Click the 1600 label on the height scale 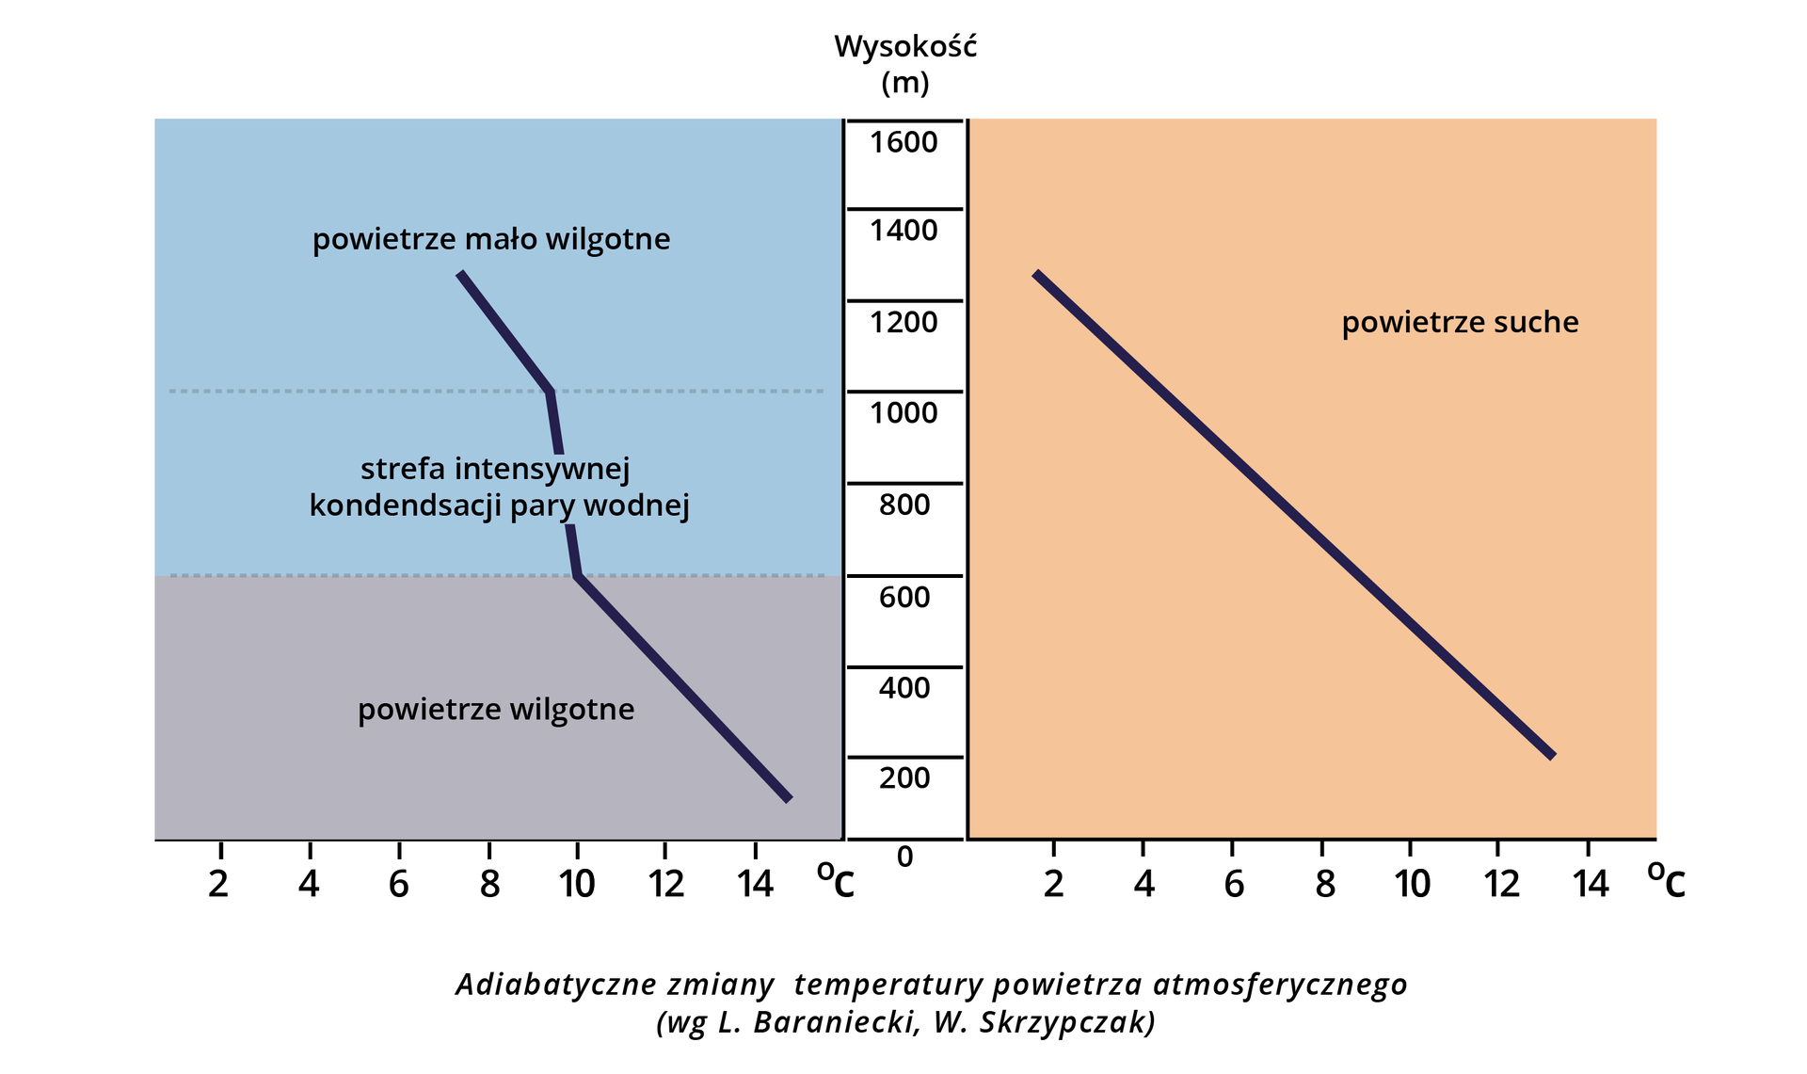903,143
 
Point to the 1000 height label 903,413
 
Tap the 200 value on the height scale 904,778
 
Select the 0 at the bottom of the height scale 904,858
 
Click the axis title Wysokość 905,46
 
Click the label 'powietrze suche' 1460,323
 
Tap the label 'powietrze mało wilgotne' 491,240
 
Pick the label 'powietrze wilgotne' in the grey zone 496,710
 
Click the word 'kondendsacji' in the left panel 407,506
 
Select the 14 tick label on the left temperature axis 755,884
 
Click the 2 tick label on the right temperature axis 1054,884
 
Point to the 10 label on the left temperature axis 577,884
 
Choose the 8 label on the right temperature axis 1324,884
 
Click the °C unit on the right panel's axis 1666,881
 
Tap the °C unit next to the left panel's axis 835,881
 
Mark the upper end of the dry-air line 1035,274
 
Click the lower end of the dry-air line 1553,755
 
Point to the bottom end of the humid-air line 789,799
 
